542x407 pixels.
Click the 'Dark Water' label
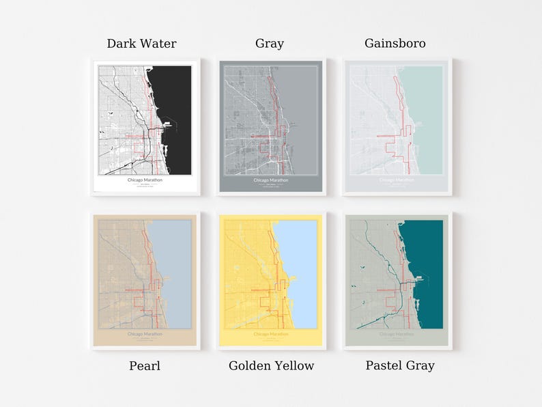click(x=141, y=44)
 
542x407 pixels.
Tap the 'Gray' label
click(x=270, y=44)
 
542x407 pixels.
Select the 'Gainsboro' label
click(x=395, y=44)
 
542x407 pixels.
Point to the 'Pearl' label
click(x=145, y=366)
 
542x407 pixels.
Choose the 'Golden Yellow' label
click(x=271, y=366)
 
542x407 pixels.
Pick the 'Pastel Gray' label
click(x=400, y=366)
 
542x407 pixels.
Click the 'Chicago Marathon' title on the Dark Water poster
click(x=145, y=180)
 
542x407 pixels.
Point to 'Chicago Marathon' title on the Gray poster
click(x=270, y=180)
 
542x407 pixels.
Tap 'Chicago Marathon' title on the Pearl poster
click(x=145, y=334)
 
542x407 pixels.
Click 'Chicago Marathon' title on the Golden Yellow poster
click(x=270, y=334)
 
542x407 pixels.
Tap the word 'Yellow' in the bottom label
click(x=294, y=366)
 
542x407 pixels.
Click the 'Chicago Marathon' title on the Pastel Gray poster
click(x=397, y=334)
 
